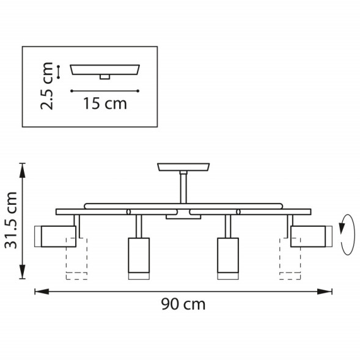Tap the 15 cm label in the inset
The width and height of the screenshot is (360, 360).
pos(105,103)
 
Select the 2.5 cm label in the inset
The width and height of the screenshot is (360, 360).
pos(48,85)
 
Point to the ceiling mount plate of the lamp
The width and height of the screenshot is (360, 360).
pos(183,166)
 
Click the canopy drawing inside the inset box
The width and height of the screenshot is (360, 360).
pos(106,68)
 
